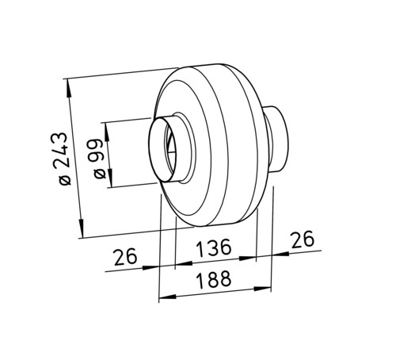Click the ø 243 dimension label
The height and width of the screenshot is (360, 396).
pos(62,159)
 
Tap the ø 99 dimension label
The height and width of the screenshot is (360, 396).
pos(97,159)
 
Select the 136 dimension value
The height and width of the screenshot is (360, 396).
pos(215,248)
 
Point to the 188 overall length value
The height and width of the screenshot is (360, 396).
pos(215,279)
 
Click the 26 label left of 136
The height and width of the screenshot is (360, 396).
pos(126,257)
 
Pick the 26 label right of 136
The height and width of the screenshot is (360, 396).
pos(303,239)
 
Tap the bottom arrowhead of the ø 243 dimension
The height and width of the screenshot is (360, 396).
pos(82,228)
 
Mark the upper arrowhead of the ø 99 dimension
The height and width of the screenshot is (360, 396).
pos(106,132)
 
